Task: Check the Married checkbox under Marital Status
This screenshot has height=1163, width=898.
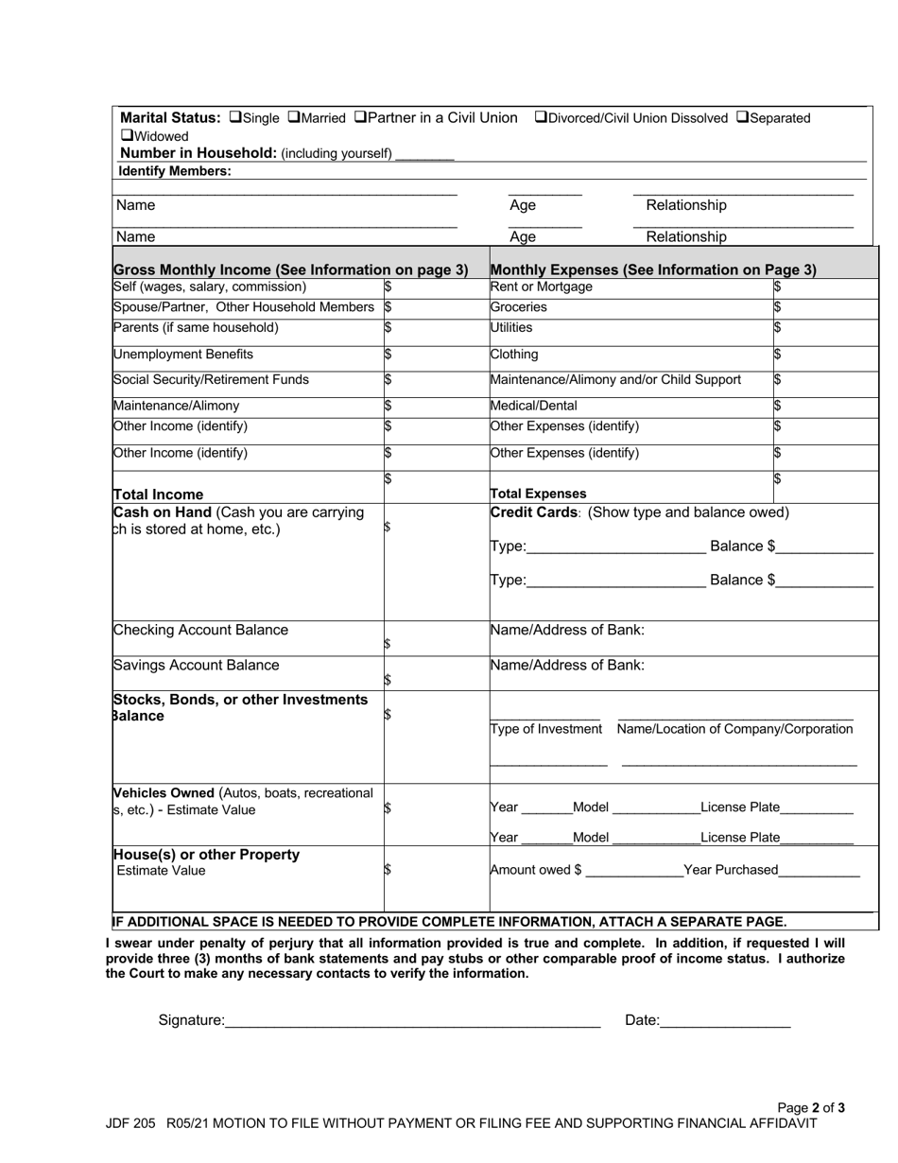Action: tap(293, 118)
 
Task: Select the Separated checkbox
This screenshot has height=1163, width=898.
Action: tap(742, 118)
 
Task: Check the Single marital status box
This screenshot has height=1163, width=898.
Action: tap(235, 118)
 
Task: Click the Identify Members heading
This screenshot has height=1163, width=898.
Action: tap(174, 171)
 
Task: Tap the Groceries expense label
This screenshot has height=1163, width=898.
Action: tap(518, 307)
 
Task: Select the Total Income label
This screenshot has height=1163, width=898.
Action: tap(158, 494)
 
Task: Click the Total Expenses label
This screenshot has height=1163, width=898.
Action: tap(538, 494)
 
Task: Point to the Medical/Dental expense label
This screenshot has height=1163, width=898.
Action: tap(533, 406)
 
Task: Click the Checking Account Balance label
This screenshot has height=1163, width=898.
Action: tap(200, 630)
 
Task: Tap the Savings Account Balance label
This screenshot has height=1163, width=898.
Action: tap(196, 665)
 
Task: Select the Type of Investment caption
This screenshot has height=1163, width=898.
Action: tap(546, 729)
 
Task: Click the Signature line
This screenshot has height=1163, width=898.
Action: tap(413, 1021)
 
